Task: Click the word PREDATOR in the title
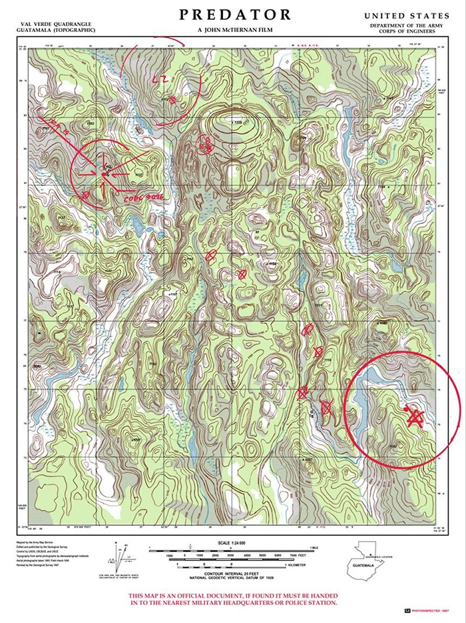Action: point(235,15)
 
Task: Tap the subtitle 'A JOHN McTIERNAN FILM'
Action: point(235,30)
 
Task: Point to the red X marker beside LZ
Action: point(172,100)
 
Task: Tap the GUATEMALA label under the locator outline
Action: point(364,568)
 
